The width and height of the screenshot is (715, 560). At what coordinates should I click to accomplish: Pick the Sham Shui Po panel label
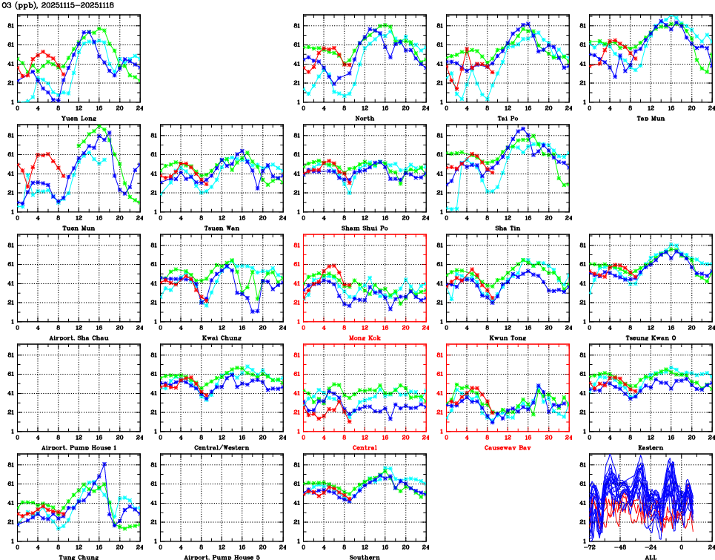[365, 228]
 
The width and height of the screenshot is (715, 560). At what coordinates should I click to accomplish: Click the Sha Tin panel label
[508, 228]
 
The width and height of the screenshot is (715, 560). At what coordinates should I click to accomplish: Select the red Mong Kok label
[365, 337]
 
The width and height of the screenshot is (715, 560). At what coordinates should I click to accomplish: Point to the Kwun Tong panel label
[508, 337]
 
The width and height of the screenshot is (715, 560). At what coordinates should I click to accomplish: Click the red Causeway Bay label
[508, 447]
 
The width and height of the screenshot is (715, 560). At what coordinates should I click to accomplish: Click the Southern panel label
[365, 556]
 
